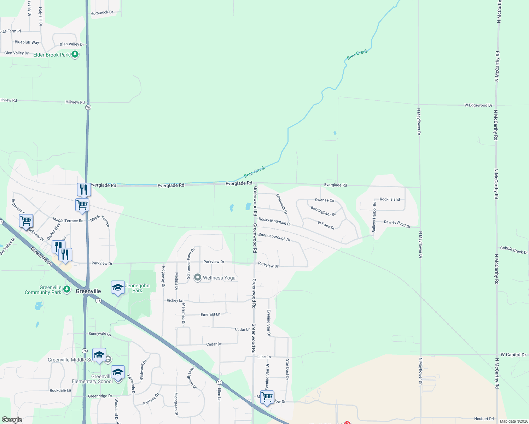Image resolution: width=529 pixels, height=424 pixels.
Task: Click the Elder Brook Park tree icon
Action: [x=75, y=54]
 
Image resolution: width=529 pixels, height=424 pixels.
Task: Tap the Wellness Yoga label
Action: [x=219, y=278]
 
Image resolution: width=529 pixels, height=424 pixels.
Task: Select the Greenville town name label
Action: [x=88, y=291]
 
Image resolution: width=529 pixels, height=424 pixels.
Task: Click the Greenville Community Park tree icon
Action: [x=66, y=290]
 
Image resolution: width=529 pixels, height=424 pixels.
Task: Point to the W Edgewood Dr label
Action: [x=478, y=105]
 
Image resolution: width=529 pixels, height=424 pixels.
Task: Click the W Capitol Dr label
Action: [x=513, y=355]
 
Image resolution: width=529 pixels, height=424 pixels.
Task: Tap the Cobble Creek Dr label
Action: [x=514, y=250]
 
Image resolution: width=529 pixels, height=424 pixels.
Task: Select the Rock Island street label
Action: [x=390, y=199]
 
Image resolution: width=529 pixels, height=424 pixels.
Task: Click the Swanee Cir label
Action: [x=325, y=200]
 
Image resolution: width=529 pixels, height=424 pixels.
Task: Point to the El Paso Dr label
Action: [x=326, y=225]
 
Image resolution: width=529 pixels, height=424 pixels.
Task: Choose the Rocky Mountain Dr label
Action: [x=275, y=222]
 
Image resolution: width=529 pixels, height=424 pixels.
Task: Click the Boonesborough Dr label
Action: [x=274, y=237]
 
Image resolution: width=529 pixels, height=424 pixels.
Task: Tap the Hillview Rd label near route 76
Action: [x=75, y=102]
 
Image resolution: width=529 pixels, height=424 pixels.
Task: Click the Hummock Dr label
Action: [x=102, y=13]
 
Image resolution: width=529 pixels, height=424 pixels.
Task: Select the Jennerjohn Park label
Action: [x=137, y=288]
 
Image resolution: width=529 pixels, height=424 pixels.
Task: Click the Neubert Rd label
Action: [x=484, y=419]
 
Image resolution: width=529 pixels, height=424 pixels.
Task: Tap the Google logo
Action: [x=12, y=420]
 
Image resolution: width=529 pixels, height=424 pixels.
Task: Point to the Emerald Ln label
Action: [x=210, y=314]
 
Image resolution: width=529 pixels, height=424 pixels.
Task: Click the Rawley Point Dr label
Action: [x=397, y=224]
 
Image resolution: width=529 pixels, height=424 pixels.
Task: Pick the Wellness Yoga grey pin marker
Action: [x=198, y=278]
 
